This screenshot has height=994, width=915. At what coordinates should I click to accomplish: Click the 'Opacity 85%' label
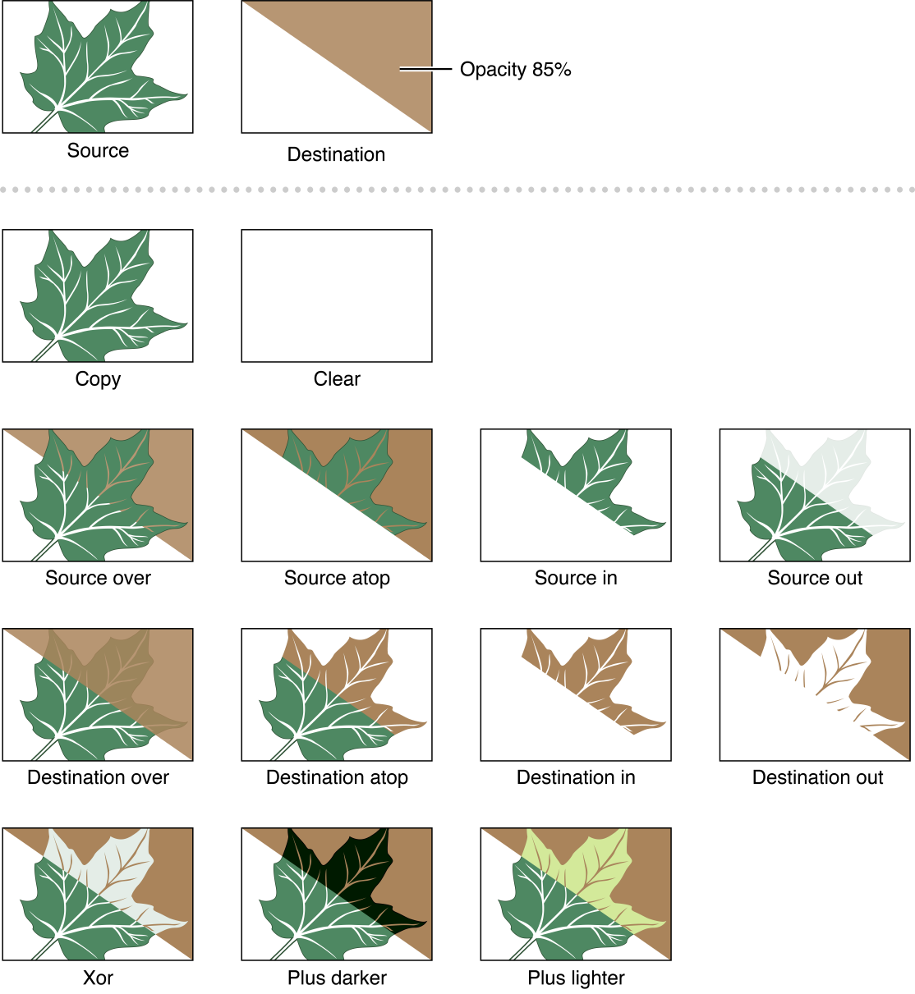515,70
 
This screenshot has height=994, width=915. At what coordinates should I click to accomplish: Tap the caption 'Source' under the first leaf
98,151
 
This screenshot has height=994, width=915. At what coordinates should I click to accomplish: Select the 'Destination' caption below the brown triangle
336,154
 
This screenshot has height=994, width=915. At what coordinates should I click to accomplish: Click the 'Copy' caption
98,379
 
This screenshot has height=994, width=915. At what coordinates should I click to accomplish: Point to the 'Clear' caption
337,379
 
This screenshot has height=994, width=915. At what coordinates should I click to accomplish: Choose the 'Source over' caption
98,579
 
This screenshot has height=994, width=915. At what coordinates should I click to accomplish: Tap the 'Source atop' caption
337,579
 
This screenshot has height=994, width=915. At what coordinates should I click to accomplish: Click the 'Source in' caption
576,579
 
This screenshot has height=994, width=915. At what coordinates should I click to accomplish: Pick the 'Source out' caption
815,579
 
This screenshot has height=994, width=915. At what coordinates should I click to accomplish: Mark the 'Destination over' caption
98,778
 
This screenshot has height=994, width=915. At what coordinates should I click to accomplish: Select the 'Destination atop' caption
337,778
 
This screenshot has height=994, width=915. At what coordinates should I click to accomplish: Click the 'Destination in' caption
576,778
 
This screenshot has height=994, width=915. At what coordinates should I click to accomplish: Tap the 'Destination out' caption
817,778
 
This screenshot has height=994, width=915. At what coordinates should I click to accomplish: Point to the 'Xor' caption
98,978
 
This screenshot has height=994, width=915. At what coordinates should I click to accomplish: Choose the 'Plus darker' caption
337,978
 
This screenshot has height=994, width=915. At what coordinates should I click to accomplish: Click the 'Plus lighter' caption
576,978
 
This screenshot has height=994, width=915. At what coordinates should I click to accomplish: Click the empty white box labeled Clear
337,295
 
